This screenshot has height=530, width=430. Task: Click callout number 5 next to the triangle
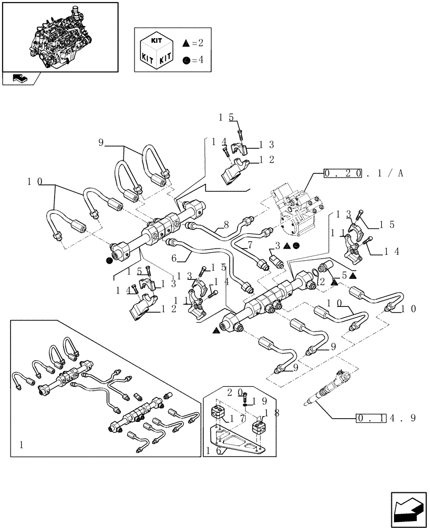point(344,275)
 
